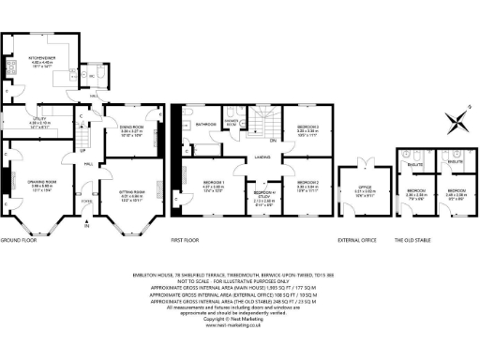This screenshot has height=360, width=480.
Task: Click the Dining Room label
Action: pyautogui.click(x=131, y=128)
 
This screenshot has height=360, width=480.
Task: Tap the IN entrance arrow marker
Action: pyautogui.click(x=86, y=226)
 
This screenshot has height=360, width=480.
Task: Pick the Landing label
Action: pyautogui.click(x=262, y=158)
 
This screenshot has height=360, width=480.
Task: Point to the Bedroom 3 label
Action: pyautogui.click(x=308, y=127)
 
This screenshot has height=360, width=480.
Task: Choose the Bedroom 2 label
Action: pyautogui.click(x=308, y=183)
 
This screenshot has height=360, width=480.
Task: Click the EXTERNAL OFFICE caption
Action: pyautogui.click(x=356, y=241)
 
